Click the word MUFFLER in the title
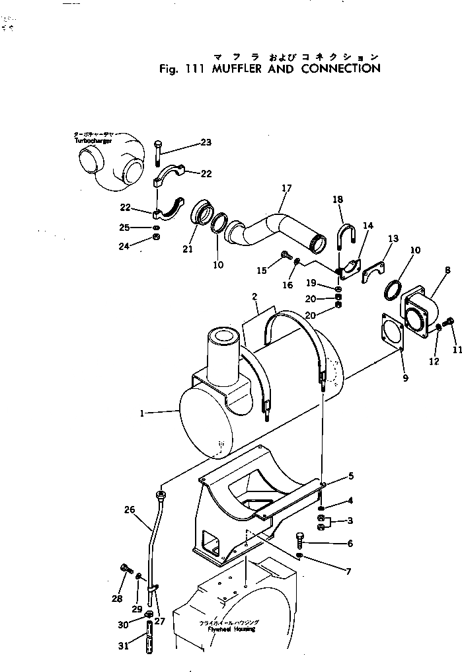(x=241, y=68)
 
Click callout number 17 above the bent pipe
(x=286, y=189)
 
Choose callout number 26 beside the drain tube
(x=130, y=509)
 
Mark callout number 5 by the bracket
(x=351, y=476)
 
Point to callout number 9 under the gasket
(x=404, y=378)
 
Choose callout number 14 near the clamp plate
(x=368, y=226)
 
